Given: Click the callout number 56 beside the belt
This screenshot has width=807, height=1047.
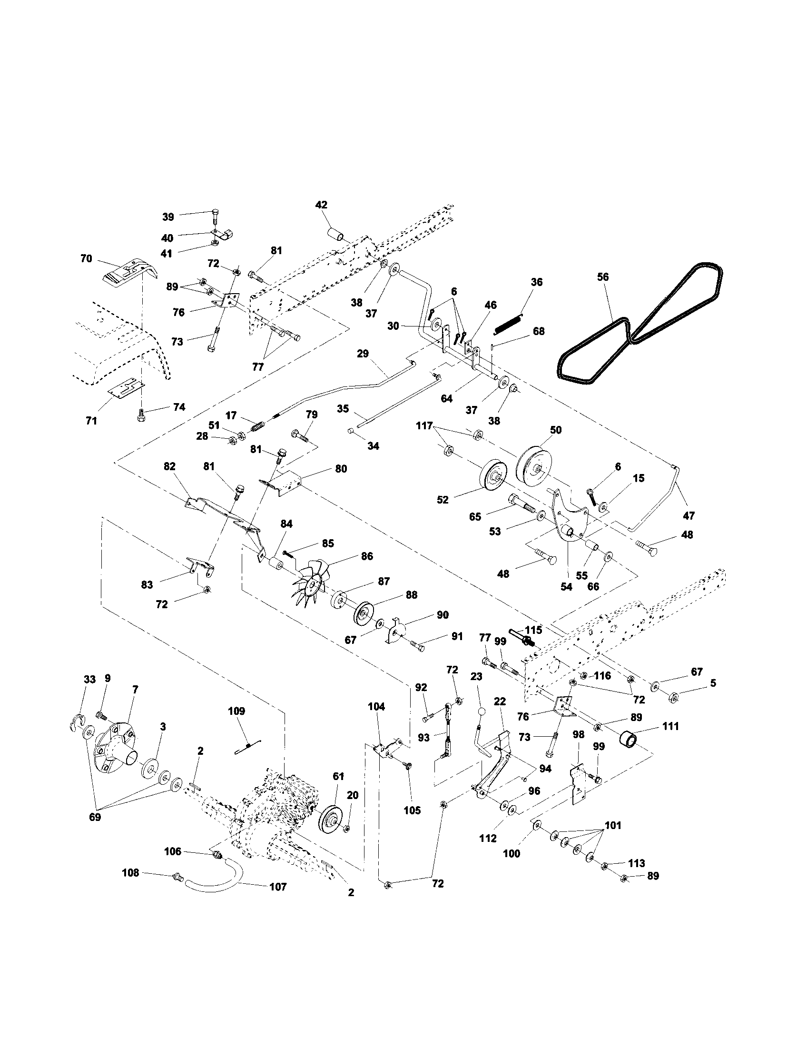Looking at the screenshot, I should tap(602, 277).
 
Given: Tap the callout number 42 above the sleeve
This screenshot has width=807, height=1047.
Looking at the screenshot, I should tap(321, 205).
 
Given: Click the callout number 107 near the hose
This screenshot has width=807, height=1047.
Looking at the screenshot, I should tap(278, 887).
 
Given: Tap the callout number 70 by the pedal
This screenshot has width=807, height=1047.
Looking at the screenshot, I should tap(86, 259).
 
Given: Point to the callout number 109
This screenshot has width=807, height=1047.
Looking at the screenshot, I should tap(236, 711).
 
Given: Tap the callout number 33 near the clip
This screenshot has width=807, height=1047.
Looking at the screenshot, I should tap(89, 679).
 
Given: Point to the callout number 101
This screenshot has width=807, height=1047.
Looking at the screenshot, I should tap(613, 826).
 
